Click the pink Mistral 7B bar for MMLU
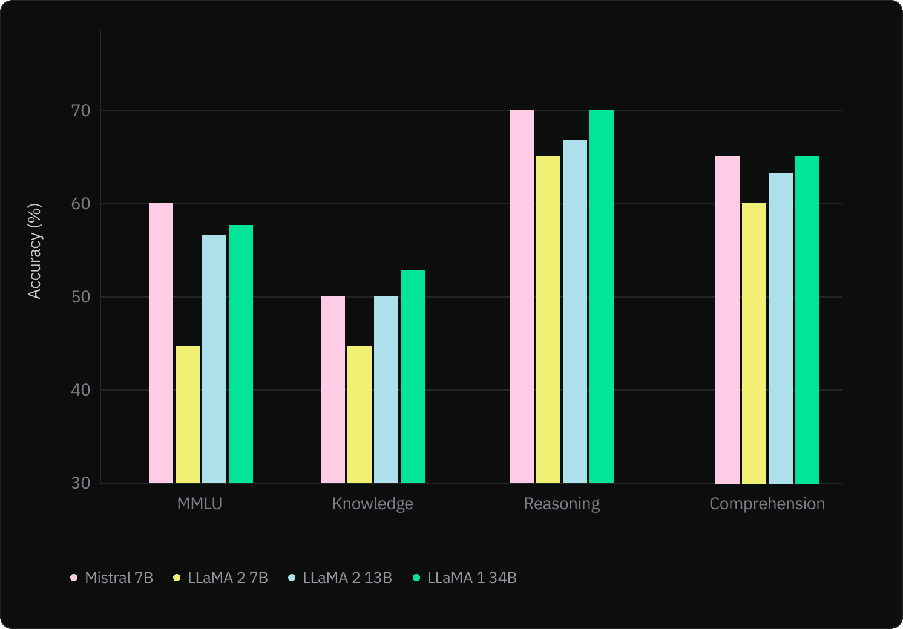(x=161, y=343)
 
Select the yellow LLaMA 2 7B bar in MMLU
(x=188, y=414)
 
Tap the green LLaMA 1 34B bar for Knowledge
(x=413, y=376)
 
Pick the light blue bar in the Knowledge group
(x=386, y=389)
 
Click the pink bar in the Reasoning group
(x=522, y=296)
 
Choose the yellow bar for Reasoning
(x=548, y=319)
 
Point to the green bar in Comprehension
(x=807, y=319)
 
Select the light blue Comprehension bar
(x=781, y=328)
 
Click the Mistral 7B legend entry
(x=112, y=578)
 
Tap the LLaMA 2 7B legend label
(x=221, y=578)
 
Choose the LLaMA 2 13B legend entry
(x=340, y=578)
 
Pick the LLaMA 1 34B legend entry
(x=465, y=578)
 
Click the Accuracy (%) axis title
(x=35, y=251)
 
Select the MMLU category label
(x=200, y=504)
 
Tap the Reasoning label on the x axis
(x=562, y=504)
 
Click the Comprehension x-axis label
(x=767, y=504)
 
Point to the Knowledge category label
(x=373, y=504)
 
